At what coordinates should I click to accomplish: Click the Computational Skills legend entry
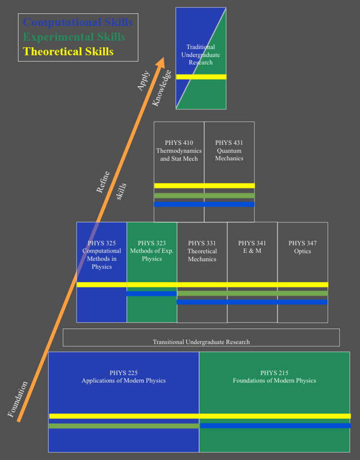click(x=78, y=22)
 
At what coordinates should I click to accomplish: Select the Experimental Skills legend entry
click(x=74, y=37)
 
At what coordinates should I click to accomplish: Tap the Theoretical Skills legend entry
click(x=68, y=52)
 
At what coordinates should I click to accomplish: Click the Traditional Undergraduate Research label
click(x=200, y=54)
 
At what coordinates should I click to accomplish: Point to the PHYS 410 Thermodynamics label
click(x=179, y=150)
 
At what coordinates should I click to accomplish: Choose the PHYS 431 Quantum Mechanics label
click(x=229, y=150)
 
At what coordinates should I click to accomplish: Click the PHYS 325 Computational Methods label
click(x=102, y=255)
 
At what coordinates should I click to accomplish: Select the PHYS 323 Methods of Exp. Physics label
click(x=152, y=251)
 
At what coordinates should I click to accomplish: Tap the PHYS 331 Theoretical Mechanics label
click(x=202, y=251)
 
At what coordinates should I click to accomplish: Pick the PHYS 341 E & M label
click(x=252, y=247)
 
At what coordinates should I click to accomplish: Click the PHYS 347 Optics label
click(x=303, y=247)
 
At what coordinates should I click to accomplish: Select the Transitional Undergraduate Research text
click(x=201, y=342)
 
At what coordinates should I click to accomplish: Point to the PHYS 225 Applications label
click(x=124, y=377)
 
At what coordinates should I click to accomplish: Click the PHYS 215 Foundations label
click(x=274, y=377)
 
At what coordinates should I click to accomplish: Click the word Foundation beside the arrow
click(x=18, y=399)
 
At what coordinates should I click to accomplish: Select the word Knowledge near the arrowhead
click(x=162, y=88)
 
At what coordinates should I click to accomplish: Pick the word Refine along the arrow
click(x=103, y=182)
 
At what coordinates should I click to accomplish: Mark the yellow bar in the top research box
click(x=201, y=77)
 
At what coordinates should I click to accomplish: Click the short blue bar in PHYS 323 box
click(x=152, y=293)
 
